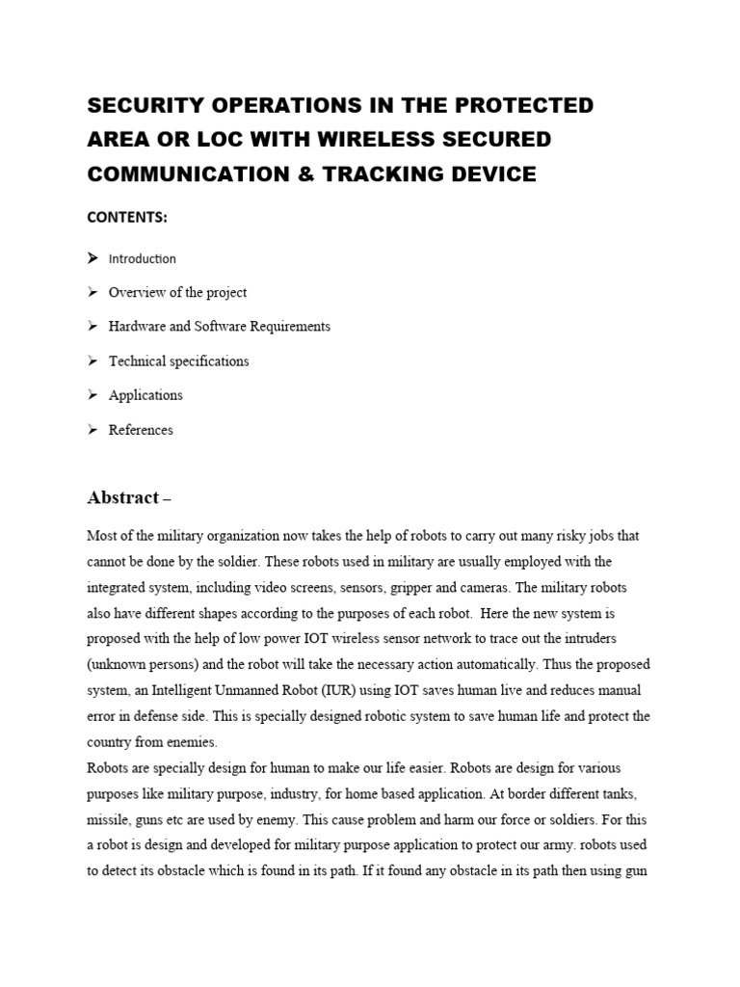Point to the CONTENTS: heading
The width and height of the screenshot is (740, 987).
[x=127, y=218]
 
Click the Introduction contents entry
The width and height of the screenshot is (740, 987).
[x=142, y=258]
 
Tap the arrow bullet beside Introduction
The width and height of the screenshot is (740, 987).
[x=92, y=257]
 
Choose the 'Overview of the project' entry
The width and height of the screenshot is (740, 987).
[x=177, y=292]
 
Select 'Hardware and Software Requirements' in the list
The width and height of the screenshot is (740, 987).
[x=219, y=326]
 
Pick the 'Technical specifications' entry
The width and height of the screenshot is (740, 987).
[x=178, y=360]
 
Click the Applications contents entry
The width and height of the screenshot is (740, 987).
[x=145, y=395]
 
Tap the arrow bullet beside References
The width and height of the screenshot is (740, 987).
[x=92, y=430]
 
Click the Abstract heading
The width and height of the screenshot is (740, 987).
[x=122, y=497]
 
